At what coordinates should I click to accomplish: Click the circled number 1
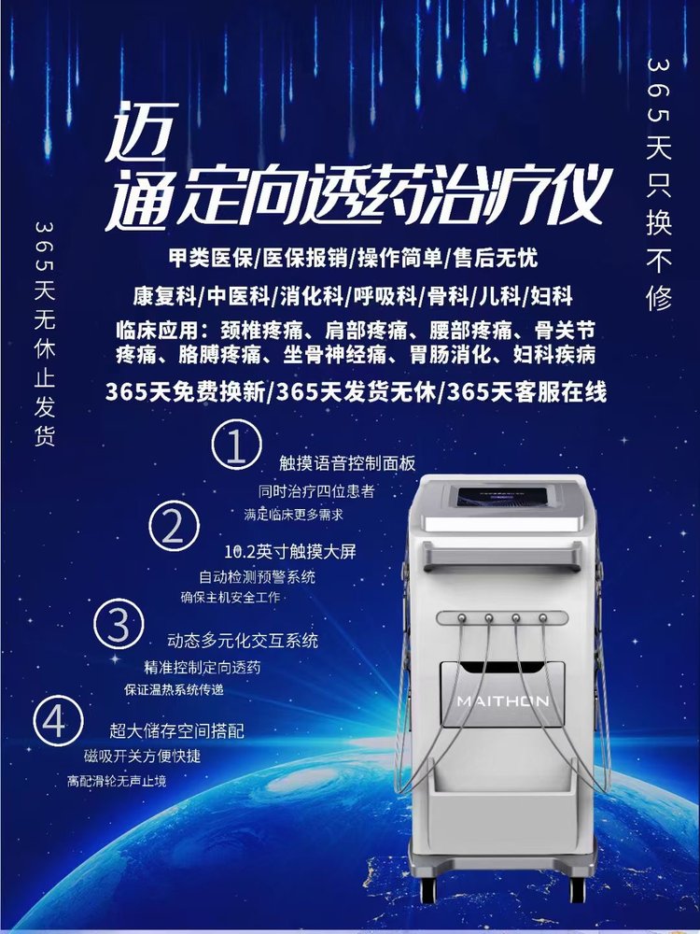coord(236,445)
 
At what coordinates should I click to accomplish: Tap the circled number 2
coord(174,526)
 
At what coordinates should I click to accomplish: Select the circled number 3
coord(119,624)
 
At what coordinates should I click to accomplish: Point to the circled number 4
coord(58,722)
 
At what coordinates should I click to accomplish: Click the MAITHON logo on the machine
coord(502,701)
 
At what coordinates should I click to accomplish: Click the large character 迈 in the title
coord(142,131)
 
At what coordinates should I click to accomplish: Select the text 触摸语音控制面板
coord(347,463)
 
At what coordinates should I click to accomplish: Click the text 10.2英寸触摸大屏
coord(290,552)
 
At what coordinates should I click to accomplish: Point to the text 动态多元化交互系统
coord(243,641)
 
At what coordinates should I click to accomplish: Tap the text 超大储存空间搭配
coord(176,730)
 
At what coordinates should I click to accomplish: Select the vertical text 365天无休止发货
coord(45,333)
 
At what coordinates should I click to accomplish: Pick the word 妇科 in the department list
coord(552,296)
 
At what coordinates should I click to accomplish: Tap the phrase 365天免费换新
coord(186,392)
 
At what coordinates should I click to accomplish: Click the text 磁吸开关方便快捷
coord(142,756)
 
